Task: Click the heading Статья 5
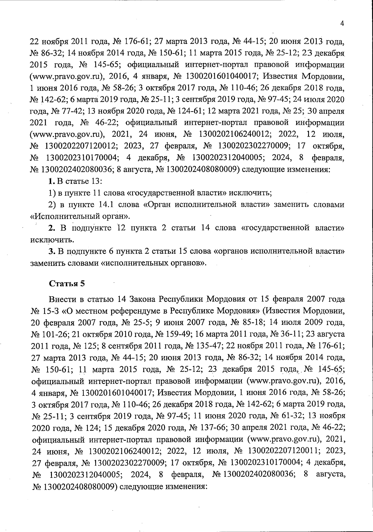[67, 284]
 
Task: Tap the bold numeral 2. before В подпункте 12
[52, 228]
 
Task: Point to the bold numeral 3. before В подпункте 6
[52, 251]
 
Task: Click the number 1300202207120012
[82, 146]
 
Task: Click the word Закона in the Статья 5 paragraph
[143, 299]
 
